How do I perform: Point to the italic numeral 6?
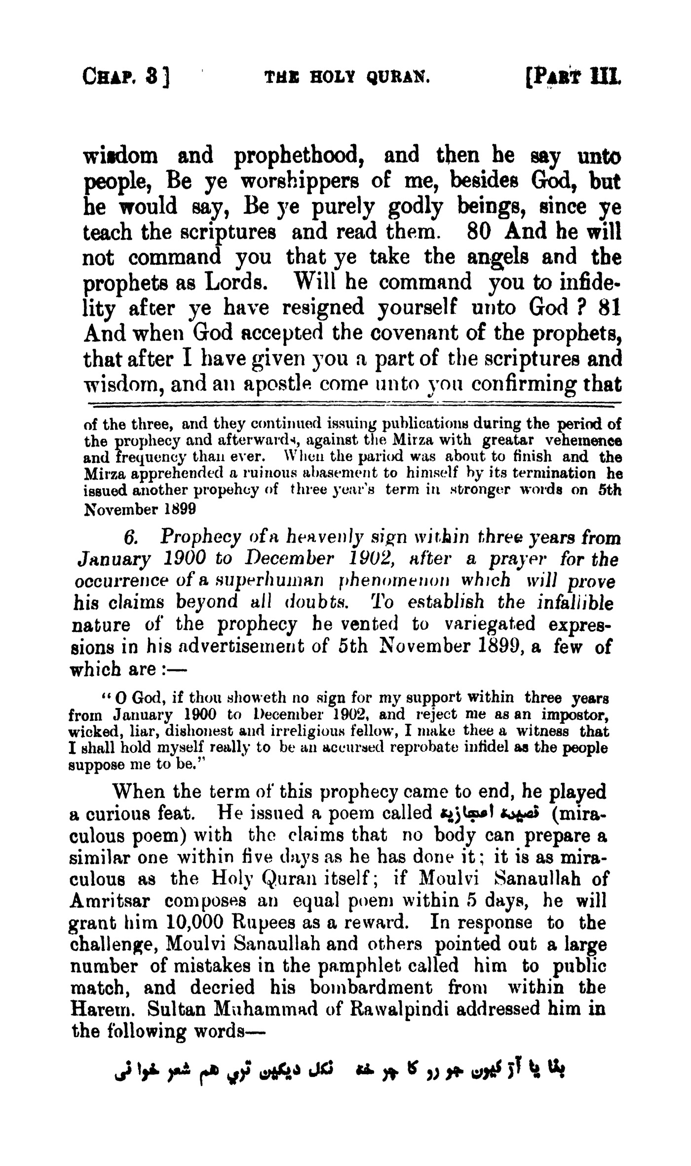(137, 537)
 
